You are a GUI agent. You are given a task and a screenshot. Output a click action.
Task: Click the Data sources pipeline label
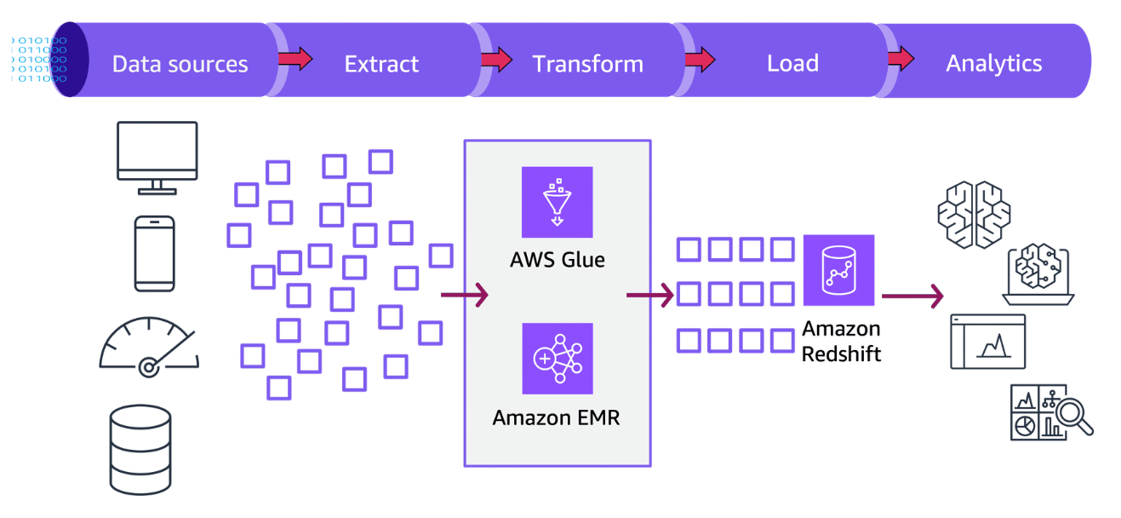tap(180, 64)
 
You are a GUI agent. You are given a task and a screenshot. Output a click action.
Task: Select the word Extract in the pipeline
tap(381, 64)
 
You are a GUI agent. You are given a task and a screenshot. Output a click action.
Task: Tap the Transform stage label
tap(587, 64)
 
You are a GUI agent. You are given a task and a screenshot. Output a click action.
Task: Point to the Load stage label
tap(792, 64)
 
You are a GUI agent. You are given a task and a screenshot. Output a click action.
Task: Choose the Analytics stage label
tap(993, 63)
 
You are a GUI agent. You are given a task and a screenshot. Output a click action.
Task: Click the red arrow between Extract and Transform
tap(496, 60)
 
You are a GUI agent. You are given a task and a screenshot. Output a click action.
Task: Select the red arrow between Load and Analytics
tap(900, 60)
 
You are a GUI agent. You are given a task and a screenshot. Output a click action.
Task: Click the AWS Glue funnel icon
tap(557, 202)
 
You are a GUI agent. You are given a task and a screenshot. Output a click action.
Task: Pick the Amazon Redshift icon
tap(838, 270)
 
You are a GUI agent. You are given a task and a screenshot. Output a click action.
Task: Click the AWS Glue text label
tap(558, 259)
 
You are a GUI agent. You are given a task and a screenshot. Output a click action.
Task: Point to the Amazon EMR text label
tap(557, 417)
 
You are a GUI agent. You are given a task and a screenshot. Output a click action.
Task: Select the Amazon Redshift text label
tap(841, 340)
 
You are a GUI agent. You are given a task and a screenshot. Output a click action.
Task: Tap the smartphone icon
tap(154, 253)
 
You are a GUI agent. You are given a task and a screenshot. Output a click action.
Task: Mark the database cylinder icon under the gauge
tap(140, 449)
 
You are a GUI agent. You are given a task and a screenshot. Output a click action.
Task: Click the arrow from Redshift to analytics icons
tap(912, 296)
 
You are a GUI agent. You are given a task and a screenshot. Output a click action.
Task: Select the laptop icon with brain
tap(1038, 274)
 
